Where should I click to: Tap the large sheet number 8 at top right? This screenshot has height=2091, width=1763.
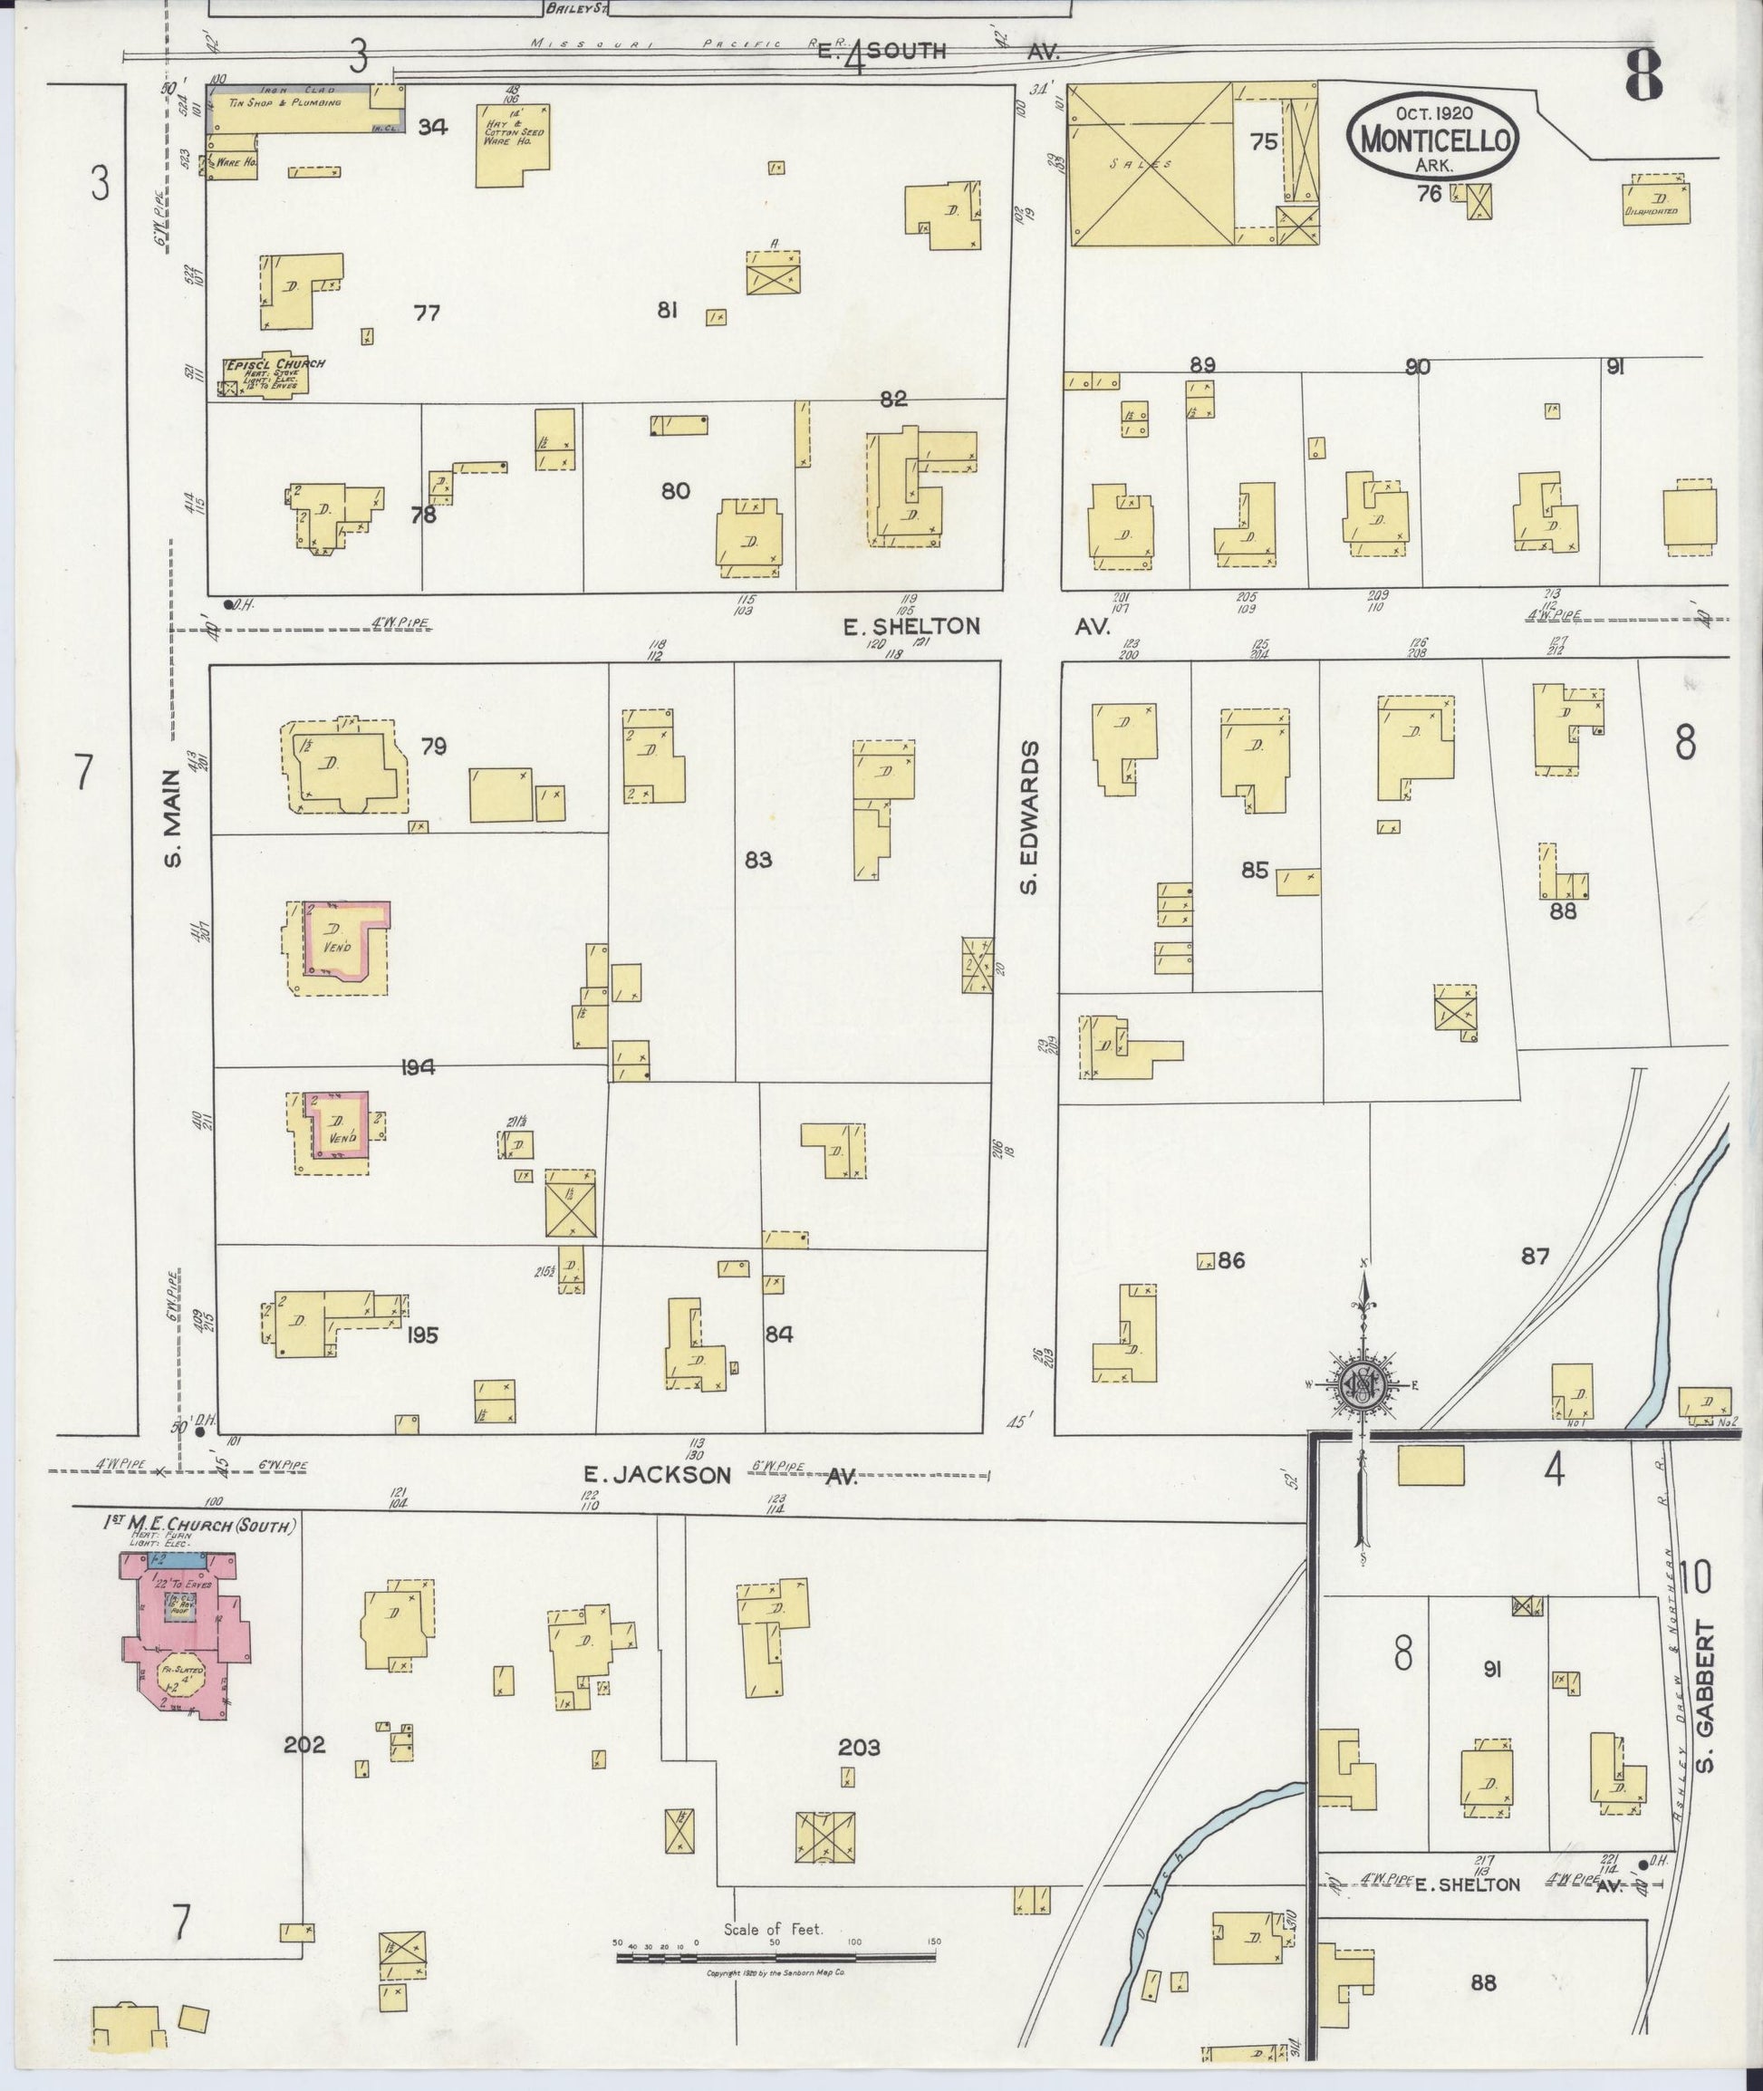pos(1644,75)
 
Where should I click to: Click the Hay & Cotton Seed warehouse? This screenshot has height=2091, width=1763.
pos(511,145)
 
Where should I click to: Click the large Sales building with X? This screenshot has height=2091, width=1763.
pos(1151,164)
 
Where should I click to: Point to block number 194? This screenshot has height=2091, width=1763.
pos(417,1067)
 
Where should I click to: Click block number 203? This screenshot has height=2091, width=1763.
pos(859,1746)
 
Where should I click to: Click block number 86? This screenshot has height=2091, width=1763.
pos(1231,1260)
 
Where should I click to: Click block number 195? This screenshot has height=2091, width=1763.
pos(422,1335)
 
